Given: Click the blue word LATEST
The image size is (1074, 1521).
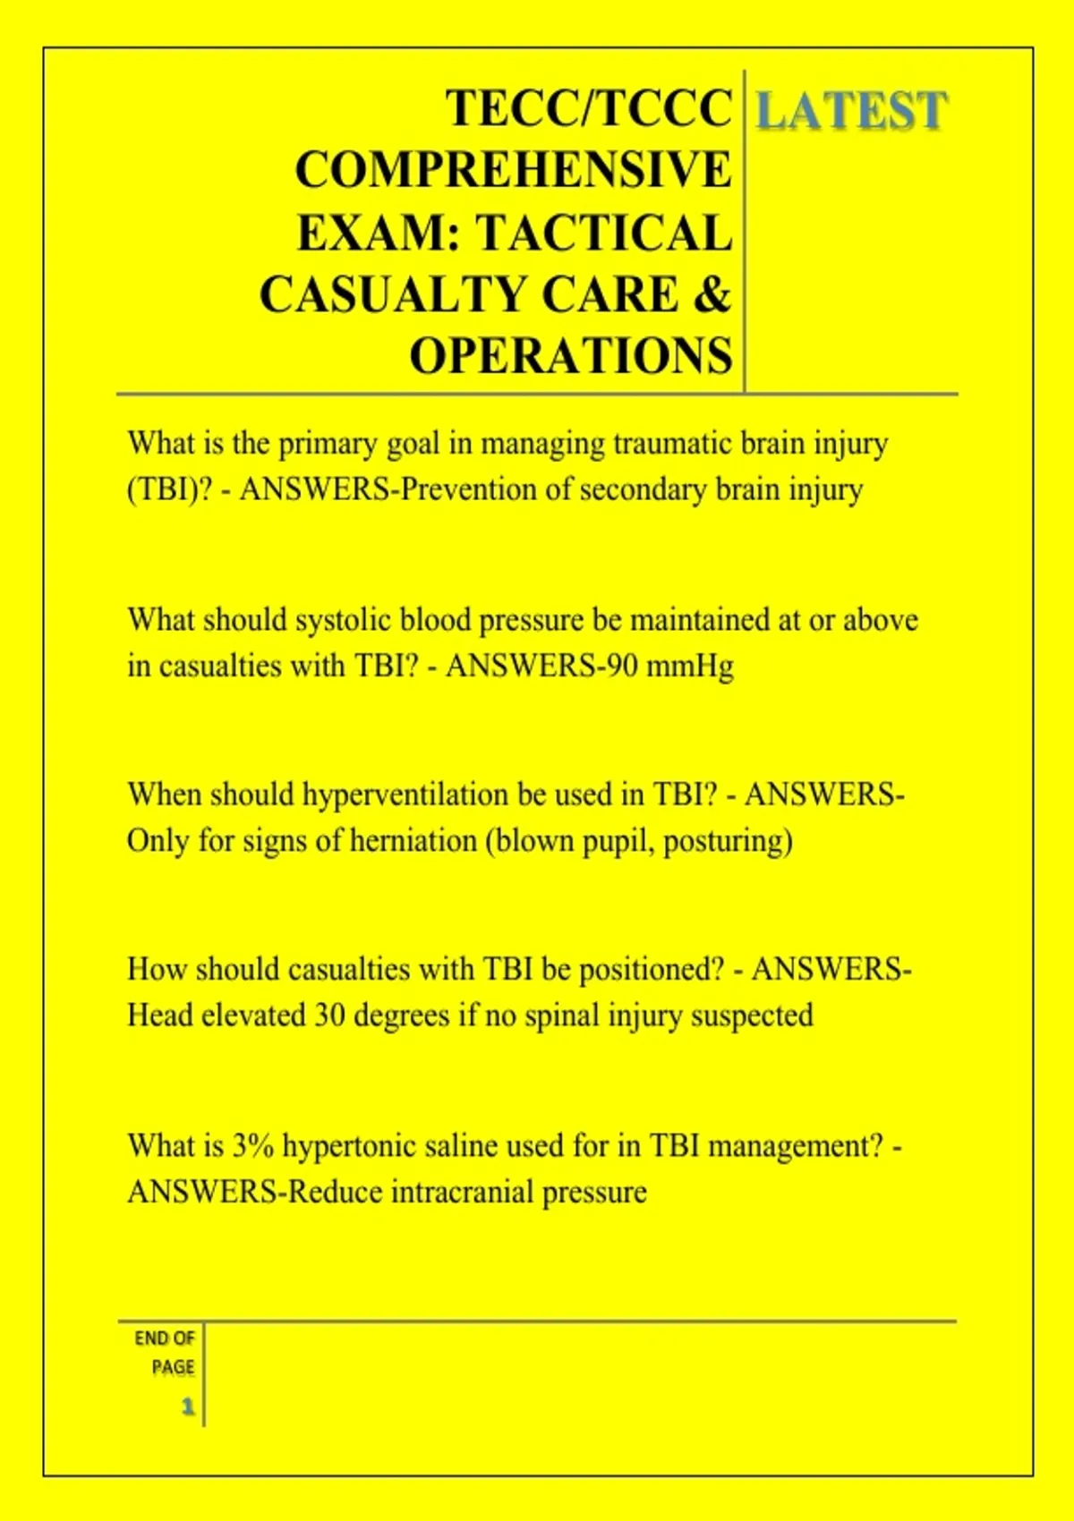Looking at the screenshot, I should (x=850, y=111).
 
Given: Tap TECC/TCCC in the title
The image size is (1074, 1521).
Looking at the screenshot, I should (x=589, y=108).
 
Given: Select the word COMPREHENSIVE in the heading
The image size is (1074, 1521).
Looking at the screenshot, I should (x=513, y=170).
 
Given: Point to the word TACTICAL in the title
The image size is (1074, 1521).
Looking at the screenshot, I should (x=604, y=233).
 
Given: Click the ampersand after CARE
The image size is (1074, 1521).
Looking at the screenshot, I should (x=712, y=294).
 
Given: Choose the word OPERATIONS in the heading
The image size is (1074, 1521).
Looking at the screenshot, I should (x=571, y=356).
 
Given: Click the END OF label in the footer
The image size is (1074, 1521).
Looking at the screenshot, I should (x=165, y=1338).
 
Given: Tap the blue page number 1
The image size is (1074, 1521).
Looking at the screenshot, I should (x=188, y=1406).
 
